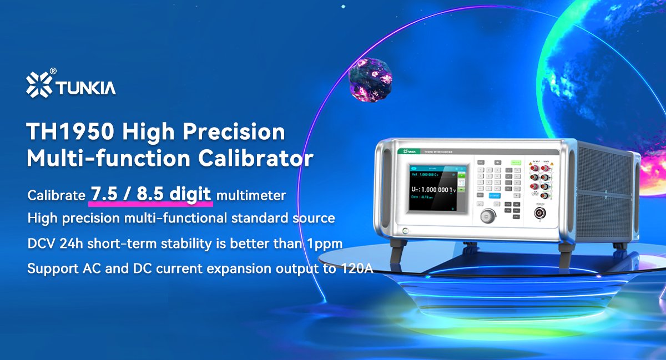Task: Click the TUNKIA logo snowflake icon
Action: pyautogui.click(x=39, y=84)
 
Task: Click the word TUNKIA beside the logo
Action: pyautogui.click(x=84, y=87)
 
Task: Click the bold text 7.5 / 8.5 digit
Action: pyautogui.click(x=150, y=194)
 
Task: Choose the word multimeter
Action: pyautogui.click(x=251, y=195)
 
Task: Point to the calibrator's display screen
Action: pyautogui.click(x=438, y=187)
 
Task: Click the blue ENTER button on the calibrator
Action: pyautogui.click(x=493, y=195)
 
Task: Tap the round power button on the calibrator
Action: pyautogui.click(x=406, y=230)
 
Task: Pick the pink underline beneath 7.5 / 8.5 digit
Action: pyautogui.click(x=150, y=205)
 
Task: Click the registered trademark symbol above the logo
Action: pyautogui.click(x=53, y=70)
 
